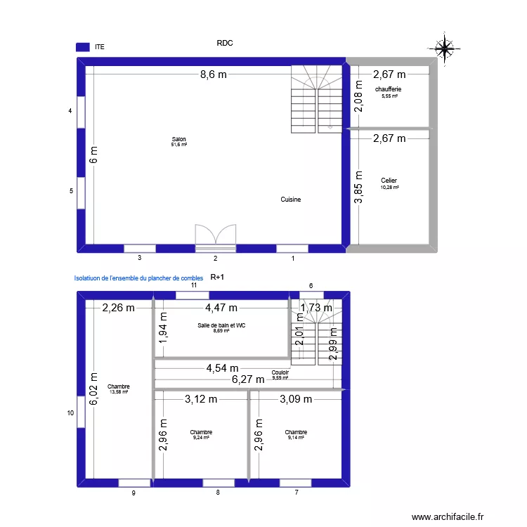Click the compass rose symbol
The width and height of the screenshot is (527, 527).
(x=445, y=47)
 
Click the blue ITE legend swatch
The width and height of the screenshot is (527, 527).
(x=83, y=47)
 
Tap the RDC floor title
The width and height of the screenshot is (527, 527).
(x=225, y=43)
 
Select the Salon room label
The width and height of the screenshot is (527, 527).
(x=178, y=139)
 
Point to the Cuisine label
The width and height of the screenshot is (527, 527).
(x=291, y=200)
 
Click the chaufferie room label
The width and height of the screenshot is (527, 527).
(x=389, y=89)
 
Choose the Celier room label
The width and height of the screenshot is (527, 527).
(x=389, y=181)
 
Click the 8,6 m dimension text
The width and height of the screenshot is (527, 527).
(x=214, y=74)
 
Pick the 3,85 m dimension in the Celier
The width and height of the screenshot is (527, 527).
(x=358, y=188)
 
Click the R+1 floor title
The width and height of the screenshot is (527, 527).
(x=218, y=278)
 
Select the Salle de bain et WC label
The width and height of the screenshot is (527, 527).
(x=221, y=325)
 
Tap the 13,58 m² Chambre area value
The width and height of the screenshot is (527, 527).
(x=119, y=392)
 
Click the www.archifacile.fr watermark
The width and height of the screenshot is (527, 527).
(x=448, y=516)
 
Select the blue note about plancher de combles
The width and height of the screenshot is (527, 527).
(x=138, y=278)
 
